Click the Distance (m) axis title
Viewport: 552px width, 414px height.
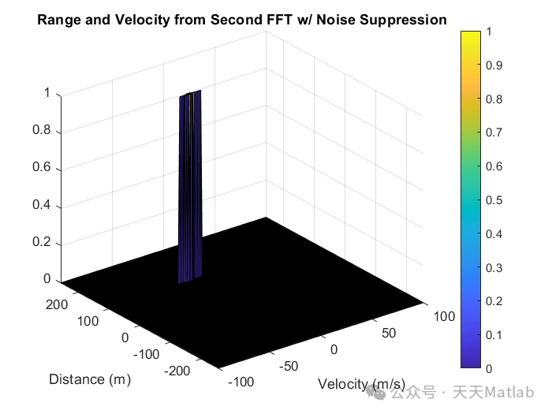click(x=89, y=379)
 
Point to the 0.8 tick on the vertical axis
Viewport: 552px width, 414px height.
click(x=42, y=130)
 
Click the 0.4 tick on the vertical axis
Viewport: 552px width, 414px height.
click(x=42, y=207)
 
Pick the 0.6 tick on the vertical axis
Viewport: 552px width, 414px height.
click(x=42, y=168)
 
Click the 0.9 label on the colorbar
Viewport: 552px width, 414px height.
click(x=494, y=65)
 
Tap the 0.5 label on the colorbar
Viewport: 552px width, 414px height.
click(x=494, y=200)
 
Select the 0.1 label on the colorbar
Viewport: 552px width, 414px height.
click(x=494, y=335)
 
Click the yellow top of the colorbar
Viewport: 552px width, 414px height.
click(x=471, y=35)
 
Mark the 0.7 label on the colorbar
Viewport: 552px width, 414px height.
click(x=494, y=132)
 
